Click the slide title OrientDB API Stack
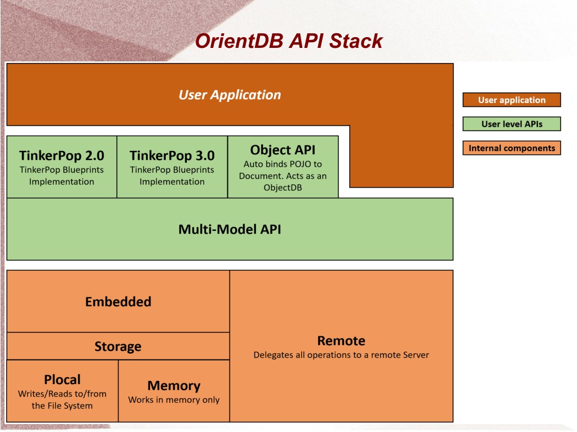tap(289, 41)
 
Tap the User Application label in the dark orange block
tap(230, 95)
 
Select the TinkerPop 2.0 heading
tap(61, 155)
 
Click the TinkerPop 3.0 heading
tap(172, 155)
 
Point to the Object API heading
tap(283, 150)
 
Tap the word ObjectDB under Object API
tap(283, 188)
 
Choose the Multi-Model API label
tap(230, 229)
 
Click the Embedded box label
tap(118, 301)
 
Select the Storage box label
tap(118, 346)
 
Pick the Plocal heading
tap(62, 380)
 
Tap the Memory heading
tap(174, 386)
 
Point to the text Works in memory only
tap(174, 400)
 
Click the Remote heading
tap(341, 341)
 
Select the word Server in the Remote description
tap(415, 355)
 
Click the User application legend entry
tap(512, 100)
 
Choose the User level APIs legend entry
tap(512, 124)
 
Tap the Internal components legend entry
tap(512, 148)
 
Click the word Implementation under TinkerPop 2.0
tap(61, 182)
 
